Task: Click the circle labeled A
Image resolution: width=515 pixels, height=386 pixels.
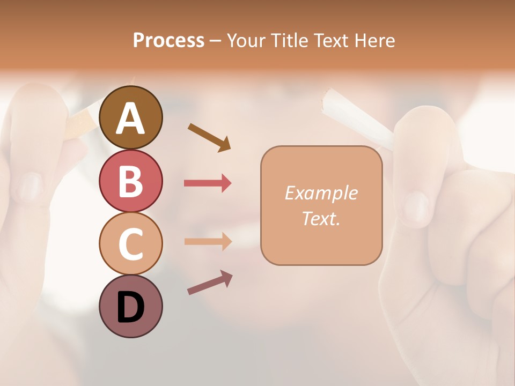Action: tap(130, 117)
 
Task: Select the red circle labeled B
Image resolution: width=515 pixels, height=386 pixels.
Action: tap(130, 181)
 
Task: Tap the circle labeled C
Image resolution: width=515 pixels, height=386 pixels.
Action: tap(130, 243)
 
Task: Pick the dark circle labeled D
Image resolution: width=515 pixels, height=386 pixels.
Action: tap(130, 306)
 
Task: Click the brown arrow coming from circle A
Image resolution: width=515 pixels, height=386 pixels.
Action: tap(210, 137)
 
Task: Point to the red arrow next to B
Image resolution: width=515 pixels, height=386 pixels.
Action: tap(208, 183)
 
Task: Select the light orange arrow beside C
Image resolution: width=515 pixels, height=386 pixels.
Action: tap(208, 241)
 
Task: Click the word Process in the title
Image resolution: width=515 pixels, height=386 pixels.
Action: tap(168, 40)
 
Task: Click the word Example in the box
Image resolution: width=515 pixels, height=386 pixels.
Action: tap(321, 193)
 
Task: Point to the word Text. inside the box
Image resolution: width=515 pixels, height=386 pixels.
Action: tap(321, 218)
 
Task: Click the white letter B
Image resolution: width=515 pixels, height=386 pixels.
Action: tap(130, 181)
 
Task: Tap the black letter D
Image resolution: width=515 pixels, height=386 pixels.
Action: tap(130, 307)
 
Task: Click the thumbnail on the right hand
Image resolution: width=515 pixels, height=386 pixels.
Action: tap(416, 207)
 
